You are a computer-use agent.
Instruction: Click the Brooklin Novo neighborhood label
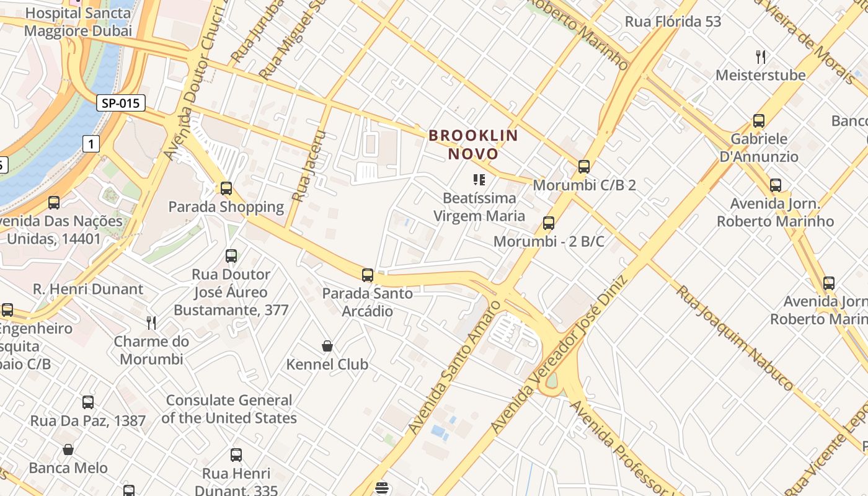474,144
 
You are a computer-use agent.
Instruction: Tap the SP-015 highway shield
121,103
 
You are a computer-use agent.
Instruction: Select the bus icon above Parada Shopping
226,188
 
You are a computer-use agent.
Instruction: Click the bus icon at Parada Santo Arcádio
368,275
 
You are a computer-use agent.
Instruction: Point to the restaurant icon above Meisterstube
761,57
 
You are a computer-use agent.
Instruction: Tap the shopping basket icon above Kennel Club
327,346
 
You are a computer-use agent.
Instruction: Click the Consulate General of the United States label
229,409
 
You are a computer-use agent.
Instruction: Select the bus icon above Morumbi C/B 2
584,166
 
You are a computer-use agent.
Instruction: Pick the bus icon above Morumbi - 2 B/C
549,223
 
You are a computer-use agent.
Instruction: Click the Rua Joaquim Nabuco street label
734,337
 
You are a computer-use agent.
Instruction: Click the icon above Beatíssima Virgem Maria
479,180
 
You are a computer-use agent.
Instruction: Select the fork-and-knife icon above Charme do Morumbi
151,322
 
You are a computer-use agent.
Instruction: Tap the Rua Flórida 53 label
673,22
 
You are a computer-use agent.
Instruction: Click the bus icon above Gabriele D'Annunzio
759,121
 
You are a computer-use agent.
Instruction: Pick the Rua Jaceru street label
309,166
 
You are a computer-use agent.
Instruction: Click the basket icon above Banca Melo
68,449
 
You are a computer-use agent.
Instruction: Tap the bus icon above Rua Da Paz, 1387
88,402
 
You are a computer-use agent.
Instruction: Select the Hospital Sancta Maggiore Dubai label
79,22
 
